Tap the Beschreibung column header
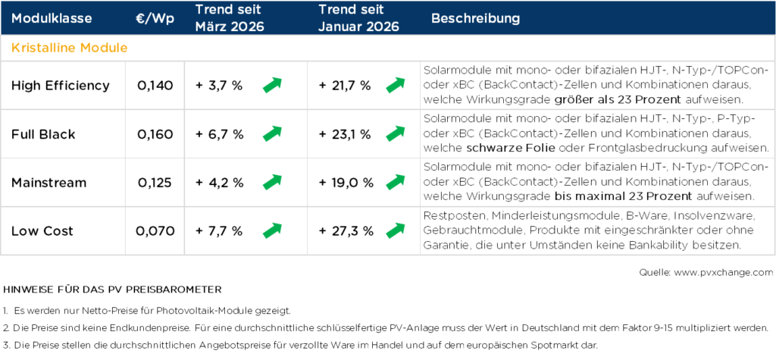[x=475, y=17]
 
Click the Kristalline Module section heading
[x=69, y=48]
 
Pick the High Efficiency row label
[x=61, y=86]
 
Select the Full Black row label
[x=43, y=134]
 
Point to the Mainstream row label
[x=49, y=183]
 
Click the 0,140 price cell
[x=155, y=86]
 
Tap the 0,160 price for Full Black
[x=155, y=134]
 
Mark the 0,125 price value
[x=155, y=183]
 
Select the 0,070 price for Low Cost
[x=155, y=231]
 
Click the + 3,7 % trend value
[x=219, y=86]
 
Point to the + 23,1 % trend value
[x=345, y=134]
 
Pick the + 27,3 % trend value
[x=345, y=231]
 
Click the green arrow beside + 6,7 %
[x=272, y=133]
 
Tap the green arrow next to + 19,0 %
[x=395, y=182]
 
